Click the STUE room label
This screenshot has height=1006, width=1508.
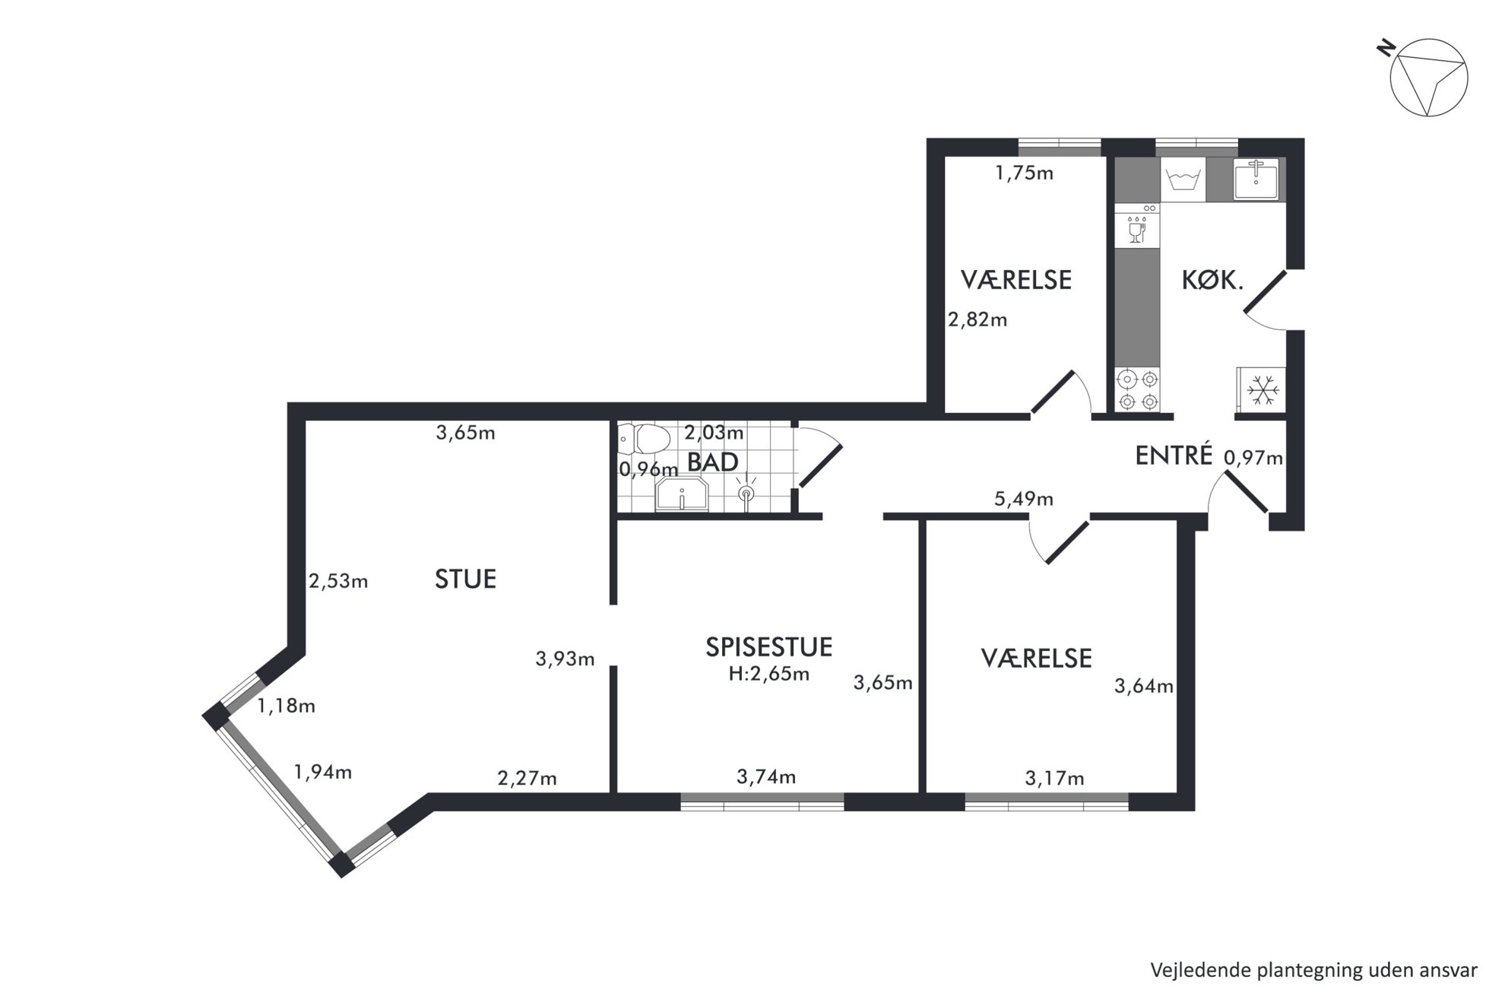point(465,579)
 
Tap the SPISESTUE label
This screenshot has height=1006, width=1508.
point(769,647)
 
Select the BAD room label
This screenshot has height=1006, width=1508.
point(712,462)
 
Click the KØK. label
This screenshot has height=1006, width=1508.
point(1212,281)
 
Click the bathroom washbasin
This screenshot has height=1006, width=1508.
point(682,493)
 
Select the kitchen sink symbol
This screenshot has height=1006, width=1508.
point(1256,179)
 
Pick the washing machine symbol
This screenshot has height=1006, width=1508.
point(1183,181)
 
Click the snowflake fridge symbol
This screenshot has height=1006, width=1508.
point(1261,390)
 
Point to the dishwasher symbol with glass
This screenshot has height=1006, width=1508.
point(1138,230)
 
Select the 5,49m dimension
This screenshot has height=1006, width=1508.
point(1024,499)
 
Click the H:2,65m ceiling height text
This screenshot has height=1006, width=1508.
point(769,674)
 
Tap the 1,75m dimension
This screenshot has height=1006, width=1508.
point(1025,173)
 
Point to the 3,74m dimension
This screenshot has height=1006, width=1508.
point(766,776)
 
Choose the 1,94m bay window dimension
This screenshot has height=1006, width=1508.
point(323,772)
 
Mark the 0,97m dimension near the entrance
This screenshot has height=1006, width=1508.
point(1253,458)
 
